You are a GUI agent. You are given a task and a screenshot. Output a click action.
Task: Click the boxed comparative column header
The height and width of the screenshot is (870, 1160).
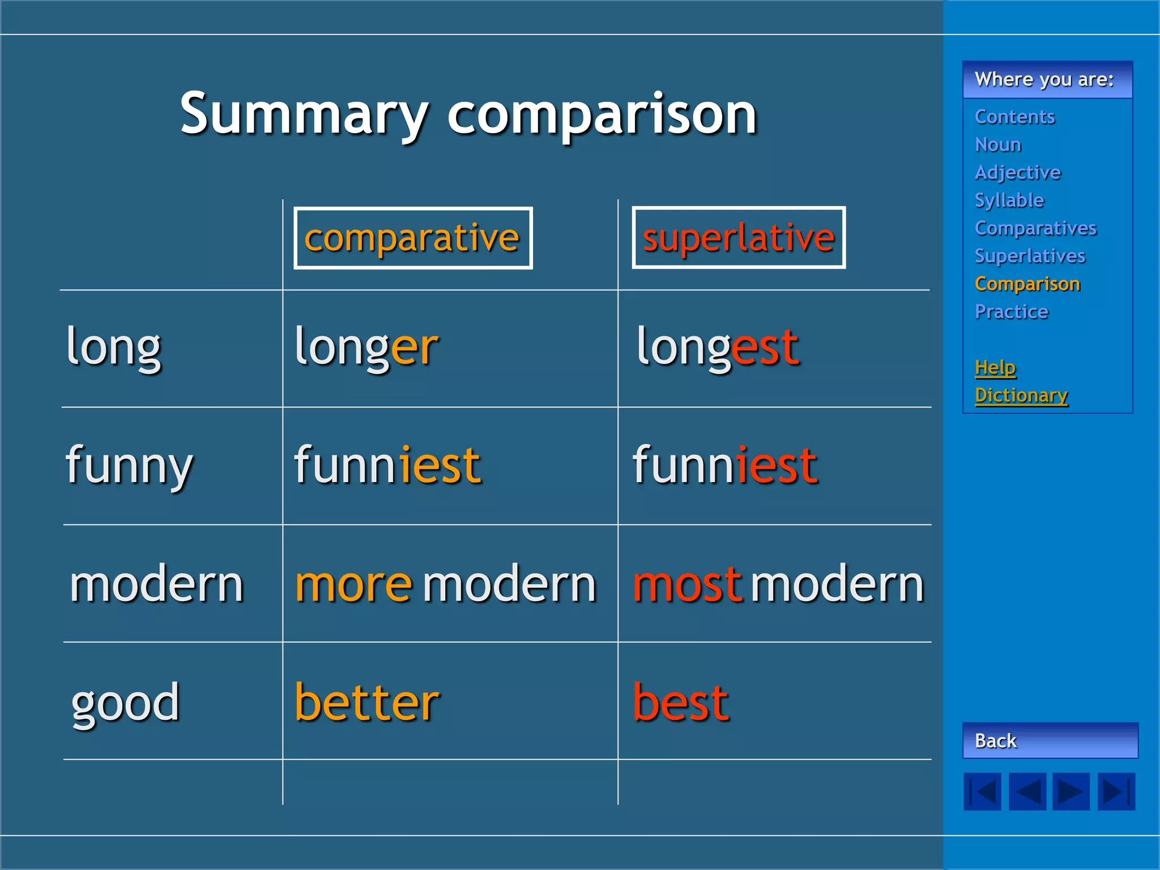(x=412, y=238)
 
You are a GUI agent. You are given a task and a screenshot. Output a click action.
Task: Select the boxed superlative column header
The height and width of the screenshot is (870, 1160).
(x=738, y=238)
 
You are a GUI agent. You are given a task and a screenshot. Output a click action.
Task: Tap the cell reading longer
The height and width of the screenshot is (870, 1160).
(x=366, y=348)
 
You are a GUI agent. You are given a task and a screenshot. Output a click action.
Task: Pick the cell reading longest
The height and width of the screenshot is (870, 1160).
(x=718, y=348)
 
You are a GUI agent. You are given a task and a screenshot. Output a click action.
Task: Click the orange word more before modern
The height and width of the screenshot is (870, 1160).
(x=353, y=584)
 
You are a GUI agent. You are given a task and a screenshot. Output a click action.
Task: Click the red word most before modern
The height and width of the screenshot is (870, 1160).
(x=686, y=584)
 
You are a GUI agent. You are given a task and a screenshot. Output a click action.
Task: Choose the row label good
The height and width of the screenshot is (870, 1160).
(x=125, y=704)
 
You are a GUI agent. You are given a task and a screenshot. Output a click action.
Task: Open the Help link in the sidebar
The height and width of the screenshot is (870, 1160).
(x=995, y=368)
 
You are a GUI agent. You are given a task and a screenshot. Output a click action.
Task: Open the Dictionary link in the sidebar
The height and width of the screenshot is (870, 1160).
(x=1021, y=395)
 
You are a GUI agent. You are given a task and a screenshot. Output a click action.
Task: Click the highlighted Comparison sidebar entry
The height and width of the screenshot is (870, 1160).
(x=1027, y=284)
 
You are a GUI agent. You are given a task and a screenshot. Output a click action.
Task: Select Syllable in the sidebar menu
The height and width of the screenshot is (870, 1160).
(x=1009, y=200)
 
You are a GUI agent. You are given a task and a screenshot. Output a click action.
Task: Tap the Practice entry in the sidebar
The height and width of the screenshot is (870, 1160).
(x=1011, y=312)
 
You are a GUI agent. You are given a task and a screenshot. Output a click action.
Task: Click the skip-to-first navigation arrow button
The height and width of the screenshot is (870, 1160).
(x=982, y=791)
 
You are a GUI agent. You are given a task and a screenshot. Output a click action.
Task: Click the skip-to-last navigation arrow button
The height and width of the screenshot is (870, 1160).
(x=1116, y=791)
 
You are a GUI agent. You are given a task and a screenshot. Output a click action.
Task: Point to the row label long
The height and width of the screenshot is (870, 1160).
(x=114, y=348)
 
